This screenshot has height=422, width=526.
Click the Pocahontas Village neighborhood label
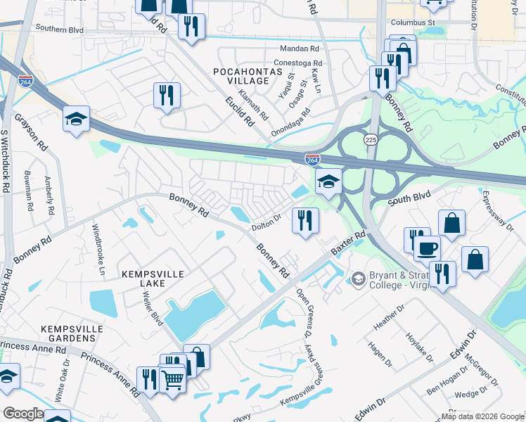pos(241,76)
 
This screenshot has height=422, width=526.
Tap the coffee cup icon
pos(428,248)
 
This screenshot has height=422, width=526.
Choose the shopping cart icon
pos(172,380)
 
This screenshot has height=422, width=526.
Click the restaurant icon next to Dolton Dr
pos(305,220)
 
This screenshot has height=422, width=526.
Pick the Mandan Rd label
pos(300,49)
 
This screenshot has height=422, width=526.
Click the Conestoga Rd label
pos(297,63)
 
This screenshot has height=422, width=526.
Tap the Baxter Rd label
pos(349,243)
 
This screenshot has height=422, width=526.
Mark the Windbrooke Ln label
pos(98,250)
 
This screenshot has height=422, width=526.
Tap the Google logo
pos(23,414)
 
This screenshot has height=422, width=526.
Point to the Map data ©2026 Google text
pos(482,416)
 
